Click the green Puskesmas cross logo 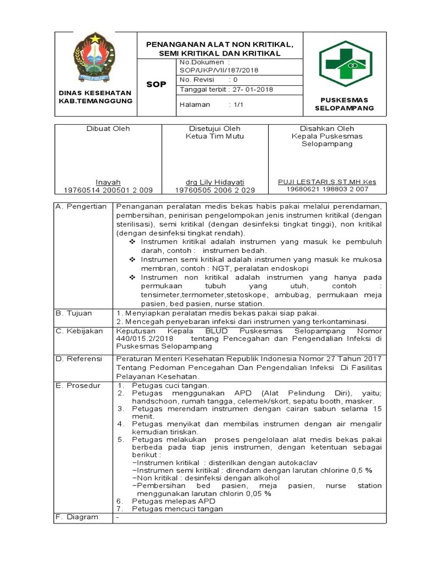[346, 64]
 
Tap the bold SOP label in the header [156, 84]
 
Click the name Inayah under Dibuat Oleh [108, 182]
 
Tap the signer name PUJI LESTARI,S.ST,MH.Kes [327, 182]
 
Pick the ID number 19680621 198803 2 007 [327, 190]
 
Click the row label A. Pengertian [81, 206]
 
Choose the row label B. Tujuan [75, 313]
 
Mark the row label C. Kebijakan [80, 331]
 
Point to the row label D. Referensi [80, 358]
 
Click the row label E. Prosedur [79, 385]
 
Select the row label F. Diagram [77, 517]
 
